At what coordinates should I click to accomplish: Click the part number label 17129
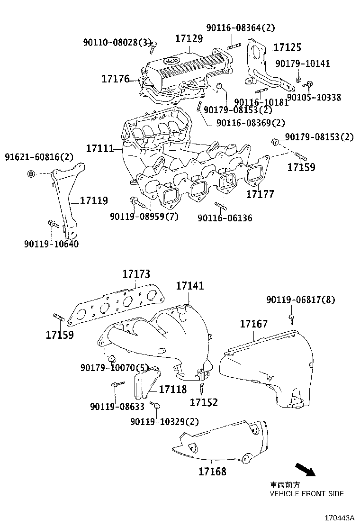pos(189,39)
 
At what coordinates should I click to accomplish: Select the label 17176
pos(116,79)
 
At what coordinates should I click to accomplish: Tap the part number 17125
pos(288,48)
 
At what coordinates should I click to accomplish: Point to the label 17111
pos(99,149)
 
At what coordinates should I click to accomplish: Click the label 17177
pos(260,194)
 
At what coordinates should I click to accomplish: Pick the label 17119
pos(94,201)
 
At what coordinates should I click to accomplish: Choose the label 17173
pos(136,274)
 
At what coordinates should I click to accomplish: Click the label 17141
pos(190,286)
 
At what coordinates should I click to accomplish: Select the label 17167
pos(253,324)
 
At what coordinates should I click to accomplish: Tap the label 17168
pos(212,472)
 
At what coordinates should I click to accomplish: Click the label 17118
pos(173,390)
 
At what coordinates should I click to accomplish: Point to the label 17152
pos(204,402)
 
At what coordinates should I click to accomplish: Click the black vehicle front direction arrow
pos(306,470)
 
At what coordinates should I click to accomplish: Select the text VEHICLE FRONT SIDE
pos(306,494)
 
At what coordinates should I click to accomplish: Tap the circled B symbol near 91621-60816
pos(30,173)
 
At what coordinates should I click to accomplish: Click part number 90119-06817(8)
pos(300,300)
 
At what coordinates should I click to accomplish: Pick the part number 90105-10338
pos(314,98)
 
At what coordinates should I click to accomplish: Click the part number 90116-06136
pos(225,218)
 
